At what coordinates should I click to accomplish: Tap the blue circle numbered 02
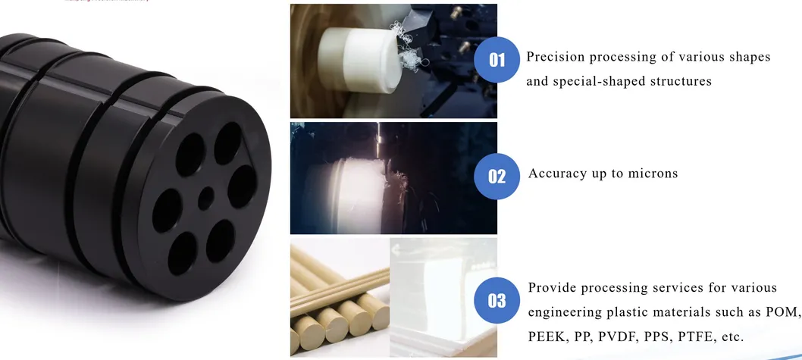click(x=497, y=177)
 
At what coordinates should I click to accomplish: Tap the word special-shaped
click(x=598, y=80)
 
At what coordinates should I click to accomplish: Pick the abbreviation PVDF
click(x=621, y=336)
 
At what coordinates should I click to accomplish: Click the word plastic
click(x=634, y=311)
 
